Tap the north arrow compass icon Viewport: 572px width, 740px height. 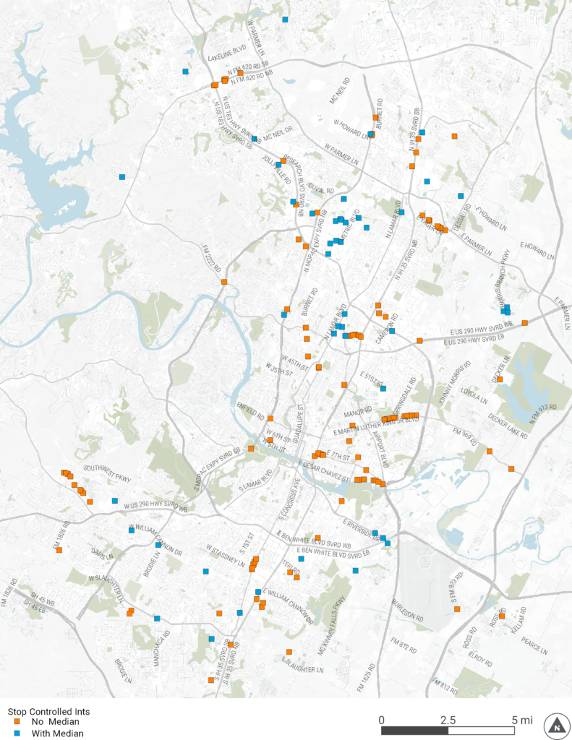point(555,725)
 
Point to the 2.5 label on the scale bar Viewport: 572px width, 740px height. point(448,720)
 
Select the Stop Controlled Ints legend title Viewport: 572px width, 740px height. point(48,711)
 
